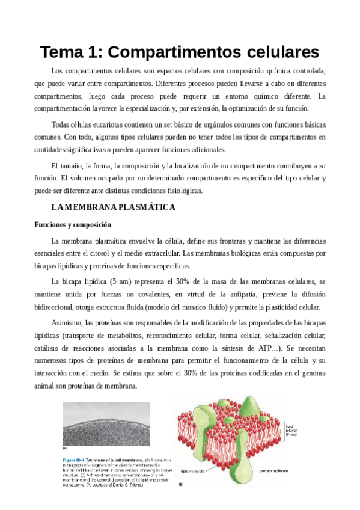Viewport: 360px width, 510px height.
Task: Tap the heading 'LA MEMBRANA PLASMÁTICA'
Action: click(x=114, y=207)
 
